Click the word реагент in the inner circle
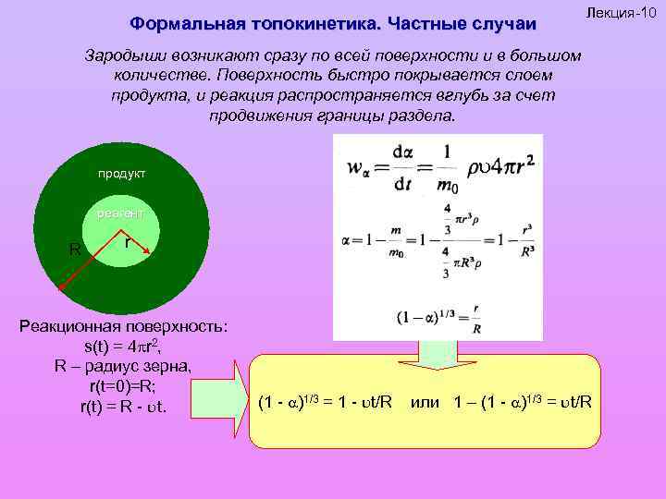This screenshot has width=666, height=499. click(x=120, y=214)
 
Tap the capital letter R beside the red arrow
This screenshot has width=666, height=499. click(x=75, y=248)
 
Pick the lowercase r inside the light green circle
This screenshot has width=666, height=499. click(x=128, y=243)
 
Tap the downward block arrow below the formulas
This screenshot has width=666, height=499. click(x=434, y=352)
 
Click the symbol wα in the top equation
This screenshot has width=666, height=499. click(x=358, y=169)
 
